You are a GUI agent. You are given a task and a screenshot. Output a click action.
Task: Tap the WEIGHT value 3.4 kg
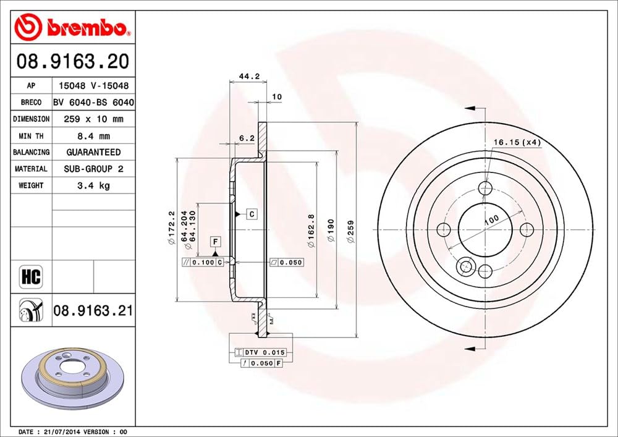tap(93, 185)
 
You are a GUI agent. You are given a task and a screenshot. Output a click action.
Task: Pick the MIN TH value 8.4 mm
tap(93, 135)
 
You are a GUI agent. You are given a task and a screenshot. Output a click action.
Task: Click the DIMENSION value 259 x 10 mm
tap(93, 119)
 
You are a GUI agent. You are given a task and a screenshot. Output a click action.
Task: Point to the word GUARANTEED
tap(93, 152)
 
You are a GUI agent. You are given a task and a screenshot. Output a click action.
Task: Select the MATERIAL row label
tap(30, 169)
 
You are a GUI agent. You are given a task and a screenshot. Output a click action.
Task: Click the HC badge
tap(30, 276)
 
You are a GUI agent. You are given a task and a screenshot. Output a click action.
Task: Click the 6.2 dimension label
tap(247, 138)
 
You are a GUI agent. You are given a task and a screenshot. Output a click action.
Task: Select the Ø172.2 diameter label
tap(171, 229)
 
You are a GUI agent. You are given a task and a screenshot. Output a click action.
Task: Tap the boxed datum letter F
tap(215, 241)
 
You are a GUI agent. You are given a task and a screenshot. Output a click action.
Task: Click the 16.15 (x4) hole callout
tap(517, 142)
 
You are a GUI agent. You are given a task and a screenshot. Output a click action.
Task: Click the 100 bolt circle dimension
tap(491, 219)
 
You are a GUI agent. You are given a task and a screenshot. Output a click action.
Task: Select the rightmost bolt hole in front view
tap(527, 230)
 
